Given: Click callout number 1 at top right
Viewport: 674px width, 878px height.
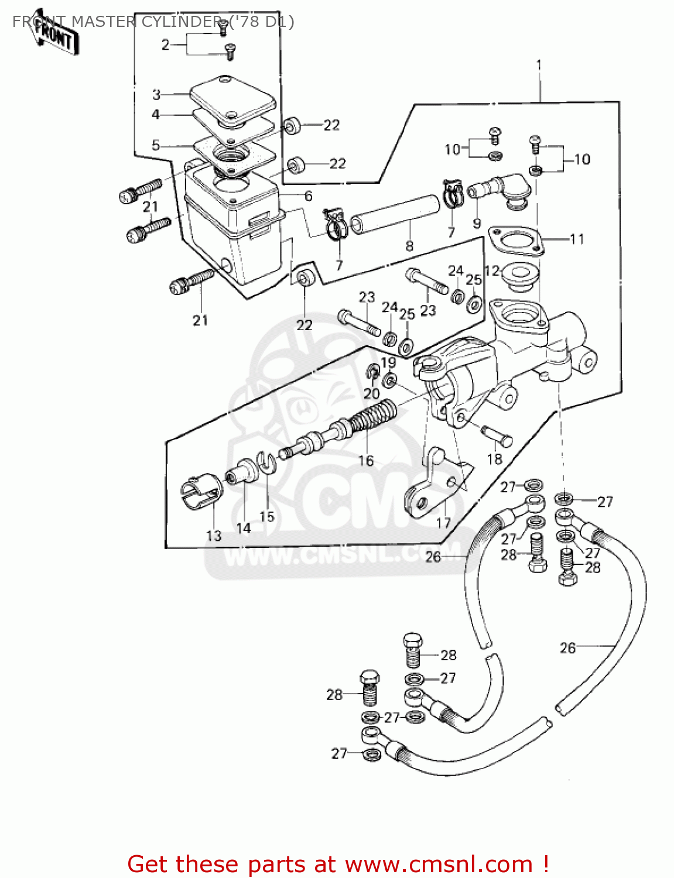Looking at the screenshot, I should point(539,65).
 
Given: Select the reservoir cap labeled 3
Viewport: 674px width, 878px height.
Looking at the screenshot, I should point(232,99).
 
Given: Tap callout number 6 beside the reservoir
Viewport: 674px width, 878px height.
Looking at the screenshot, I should point(308,196).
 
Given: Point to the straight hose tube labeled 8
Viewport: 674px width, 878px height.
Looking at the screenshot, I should point(395,213).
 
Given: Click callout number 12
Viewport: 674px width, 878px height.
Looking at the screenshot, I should point(492,270).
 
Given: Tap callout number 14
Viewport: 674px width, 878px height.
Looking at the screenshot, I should point(244,528).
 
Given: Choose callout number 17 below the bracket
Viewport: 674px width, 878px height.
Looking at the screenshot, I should point(444,522).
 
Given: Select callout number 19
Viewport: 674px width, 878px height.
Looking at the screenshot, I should point(388,362).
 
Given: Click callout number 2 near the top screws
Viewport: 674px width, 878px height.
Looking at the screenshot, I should point(166,44).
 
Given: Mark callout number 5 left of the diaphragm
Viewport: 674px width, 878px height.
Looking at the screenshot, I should point(155,145).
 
